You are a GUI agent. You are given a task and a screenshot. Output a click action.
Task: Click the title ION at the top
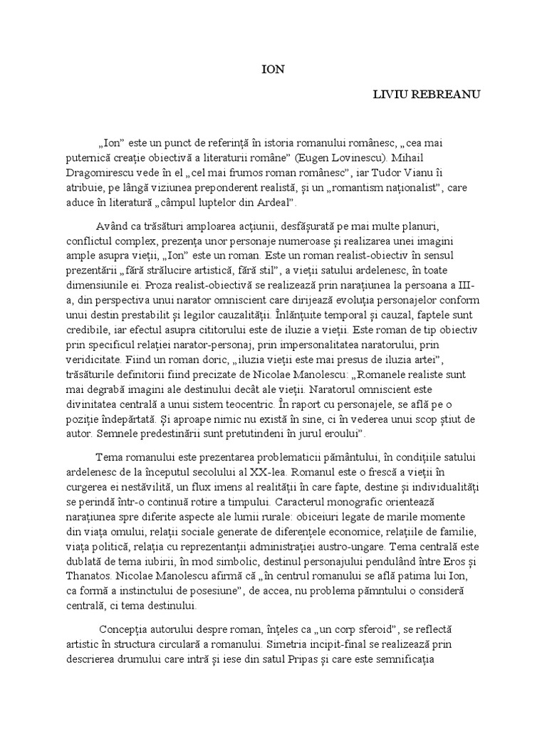pos(273,70)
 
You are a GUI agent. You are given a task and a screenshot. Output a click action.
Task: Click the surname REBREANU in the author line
pos(447,95)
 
